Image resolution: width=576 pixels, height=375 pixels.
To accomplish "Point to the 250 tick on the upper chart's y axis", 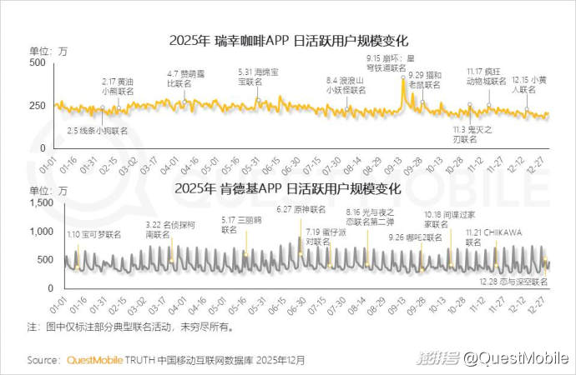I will click(x=35, y=105).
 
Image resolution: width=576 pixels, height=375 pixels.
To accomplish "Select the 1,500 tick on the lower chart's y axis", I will click(x=31, y=203).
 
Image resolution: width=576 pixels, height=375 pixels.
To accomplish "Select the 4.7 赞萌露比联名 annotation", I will click(x=185, y=79).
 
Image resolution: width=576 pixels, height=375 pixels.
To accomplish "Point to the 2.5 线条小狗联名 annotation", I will click(x=99, y=131).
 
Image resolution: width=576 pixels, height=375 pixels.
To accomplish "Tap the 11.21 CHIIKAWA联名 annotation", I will click(x=488, y=237).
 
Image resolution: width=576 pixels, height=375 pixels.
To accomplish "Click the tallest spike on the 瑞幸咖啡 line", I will click(x=404, y=81).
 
